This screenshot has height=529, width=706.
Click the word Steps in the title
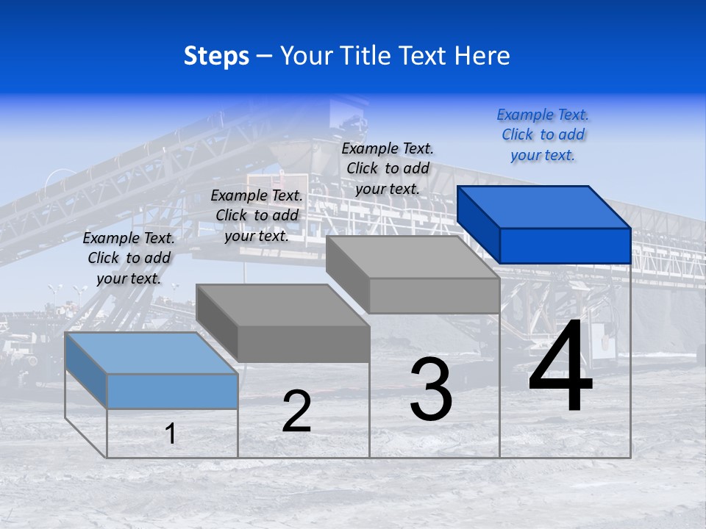coord(216,56)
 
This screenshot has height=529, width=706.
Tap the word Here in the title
coord(482,56)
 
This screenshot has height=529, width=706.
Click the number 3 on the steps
coord(431,389)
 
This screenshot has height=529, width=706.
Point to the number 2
coord(296,411)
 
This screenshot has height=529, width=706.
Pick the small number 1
coord(171,433)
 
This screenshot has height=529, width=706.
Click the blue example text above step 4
coord(543,135)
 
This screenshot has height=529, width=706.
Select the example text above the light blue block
coord(129,259)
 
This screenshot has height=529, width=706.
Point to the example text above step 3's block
coord(388,169)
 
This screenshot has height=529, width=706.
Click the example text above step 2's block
coord(257,216)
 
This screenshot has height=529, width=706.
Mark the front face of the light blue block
coord(172,391)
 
